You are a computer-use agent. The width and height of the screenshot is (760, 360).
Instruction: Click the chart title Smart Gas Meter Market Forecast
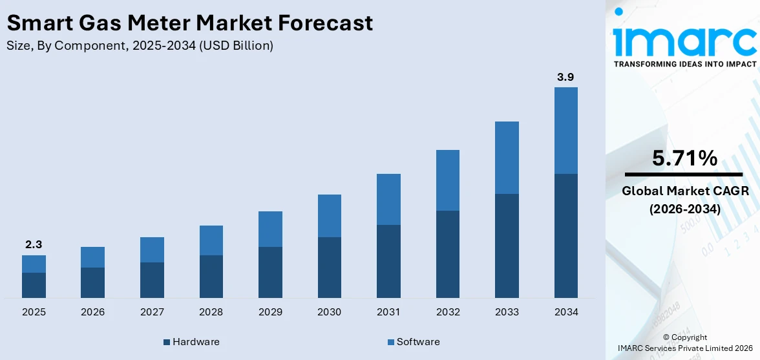click(190, 23)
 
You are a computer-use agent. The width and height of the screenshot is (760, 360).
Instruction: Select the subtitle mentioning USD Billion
click(140, 46)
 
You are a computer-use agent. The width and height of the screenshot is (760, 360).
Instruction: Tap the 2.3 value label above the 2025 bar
click(34, 244)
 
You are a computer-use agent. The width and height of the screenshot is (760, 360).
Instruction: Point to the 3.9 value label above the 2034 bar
click(565, 77)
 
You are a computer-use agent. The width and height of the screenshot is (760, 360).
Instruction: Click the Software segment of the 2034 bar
click(565, 131)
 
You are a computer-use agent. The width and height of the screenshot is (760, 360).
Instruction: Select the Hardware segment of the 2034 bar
click(565, 235)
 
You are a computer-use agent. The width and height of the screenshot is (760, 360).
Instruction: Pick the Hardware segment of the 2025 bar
click(34, 285)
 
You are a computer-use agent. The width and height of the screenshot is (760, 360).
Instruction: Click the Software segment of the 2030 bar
click(330, 216)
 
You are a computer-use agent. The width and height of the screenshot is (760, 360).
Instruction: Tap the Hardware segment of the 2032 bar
click(447, 254)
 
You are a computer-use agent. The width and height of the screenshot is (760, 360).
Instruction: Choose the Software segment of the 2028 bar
click(211, 240)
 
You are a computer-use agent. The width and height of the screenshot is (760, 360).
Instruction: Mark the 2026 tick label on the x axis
click(93, 312)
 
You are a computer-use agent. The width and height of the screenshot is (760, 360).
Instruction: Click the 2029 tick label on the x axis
click(270, 312)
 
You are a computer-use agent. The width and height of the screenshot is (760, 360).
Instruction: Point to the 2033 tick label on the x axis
click(507, 312)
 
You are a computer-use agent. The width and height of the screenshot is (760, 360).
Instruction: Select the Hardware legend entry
click(191, 342)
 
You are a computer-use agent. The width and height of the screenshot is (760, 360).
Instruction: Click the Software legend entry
click(413, 342)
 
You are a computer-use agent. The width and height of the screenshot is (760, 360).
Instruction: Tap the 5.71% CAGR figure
click(684, 158)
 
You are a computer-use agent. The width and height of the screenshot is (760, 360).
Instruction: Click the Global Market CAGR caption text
click(684, 191)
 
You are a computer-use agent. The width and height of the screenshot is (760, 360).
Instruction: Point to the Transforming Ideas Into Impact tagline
click(684, 64)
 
